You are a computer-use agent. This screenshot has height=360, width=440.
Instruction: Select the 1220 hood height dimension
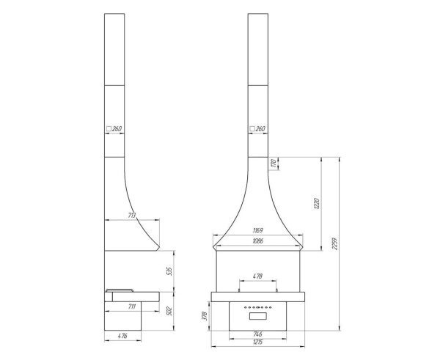click(317, 203)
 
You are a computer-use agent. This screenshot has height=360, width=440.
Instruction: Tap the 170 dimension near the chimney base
click(273, 164)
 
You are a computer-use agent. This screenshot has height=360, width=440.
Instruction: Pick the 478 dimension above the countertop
click(257, 276)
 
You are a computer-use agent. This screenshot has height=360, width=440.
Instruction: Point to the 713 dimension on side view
click(131, 216)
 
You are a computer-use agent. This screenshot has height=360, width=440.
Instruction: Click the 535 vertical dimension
click(169, 271)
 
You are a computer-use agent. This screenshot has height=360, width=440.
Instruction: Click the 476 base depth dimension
click(122, 337)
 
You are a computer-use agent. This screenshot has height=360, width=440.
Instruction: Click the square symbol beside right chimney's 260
click(252, 129)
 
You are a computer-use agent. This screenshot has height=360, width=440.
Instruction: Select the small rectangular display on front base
click(258, 317)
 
